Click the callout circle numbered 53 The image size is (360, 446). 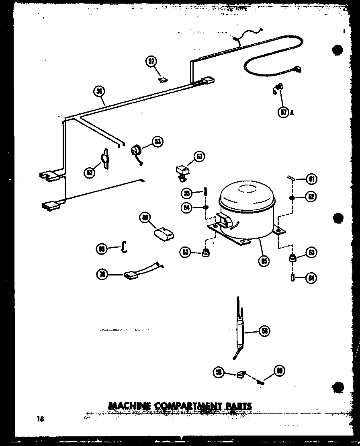pyautogui.click(x=158, y=142)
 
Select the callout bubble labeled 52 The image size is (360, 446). pyautogui.click(x=90, y=172)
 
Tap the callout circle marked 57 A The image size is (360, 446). pyautogui.click(x=284, y=112)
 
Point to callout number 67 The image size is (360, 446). pyautogui.click(x=200, y=156)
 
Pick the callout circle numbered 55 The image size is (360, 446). pyautogui.click(x=186, y=193)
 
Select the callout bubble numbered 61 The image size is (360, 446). pyautogui.click(x=311, y=178)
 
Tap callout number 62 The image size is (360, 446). pyautogui.click(x=311, y=197)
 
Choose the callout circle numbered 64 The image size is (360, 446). pyautogui.click(x=311, y=277)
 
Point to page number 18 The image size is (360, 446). pyautogui.click(x=39, y=419)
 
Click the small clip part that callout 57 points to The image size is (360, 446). pyautogui.click(x=162, y=80)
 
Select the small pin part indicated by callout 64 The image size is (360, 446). pyautogui.click(x=293, y=277)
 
